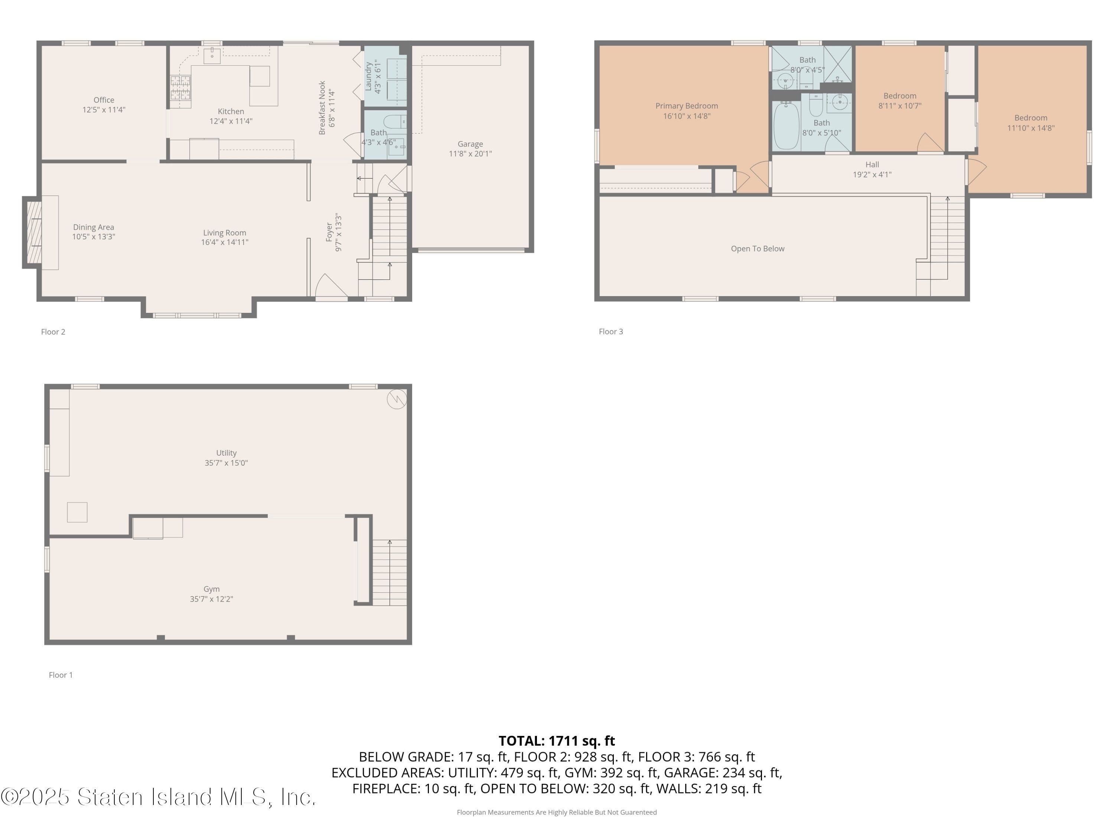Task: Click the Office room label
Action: point(104,100)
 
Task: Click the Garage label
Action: point(470,144)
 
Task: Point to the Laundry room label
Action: point(369,76)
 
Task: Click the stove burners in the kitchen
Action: point(180,89)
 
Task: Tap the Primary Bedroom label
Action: point(687,106)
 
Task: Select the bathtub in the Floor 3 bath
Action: point(786,126)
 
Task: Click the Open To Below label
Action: point(758,249)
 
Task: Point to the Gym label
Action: point(212,589)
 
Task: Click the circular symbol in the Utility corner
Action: point(396,399)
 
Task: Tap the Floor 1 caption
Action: point(61,675)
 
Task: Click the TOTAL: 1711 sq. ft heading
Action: point(557,741)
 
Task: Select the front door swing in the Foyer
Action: point(330,286)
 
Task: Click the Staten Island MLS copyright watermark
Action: point(158,797)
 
